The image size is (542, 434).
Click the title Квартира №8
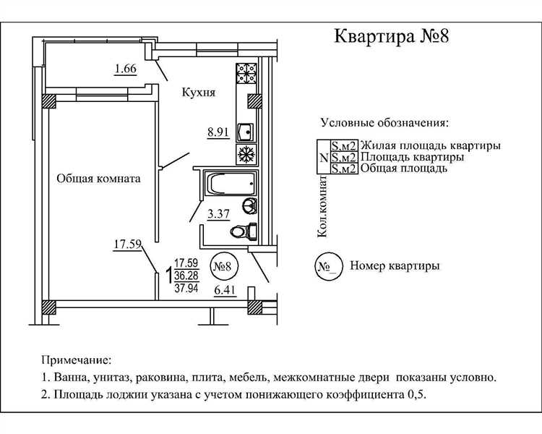391,37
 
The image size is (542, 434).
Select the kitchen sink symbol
246,132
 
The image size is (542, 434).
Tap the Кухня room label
199,93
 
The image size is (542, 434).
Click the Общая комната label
98,178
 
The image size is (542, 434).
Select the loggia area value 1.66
125,69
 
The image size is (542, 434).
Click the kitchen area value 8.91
218,132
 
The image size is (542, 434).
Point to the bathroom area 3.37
218,213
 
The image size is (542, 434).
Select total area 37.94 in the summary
186,288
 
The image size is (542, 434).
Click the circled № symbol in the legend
326,266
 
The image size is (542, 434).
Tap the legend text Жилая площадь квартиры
430,145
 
